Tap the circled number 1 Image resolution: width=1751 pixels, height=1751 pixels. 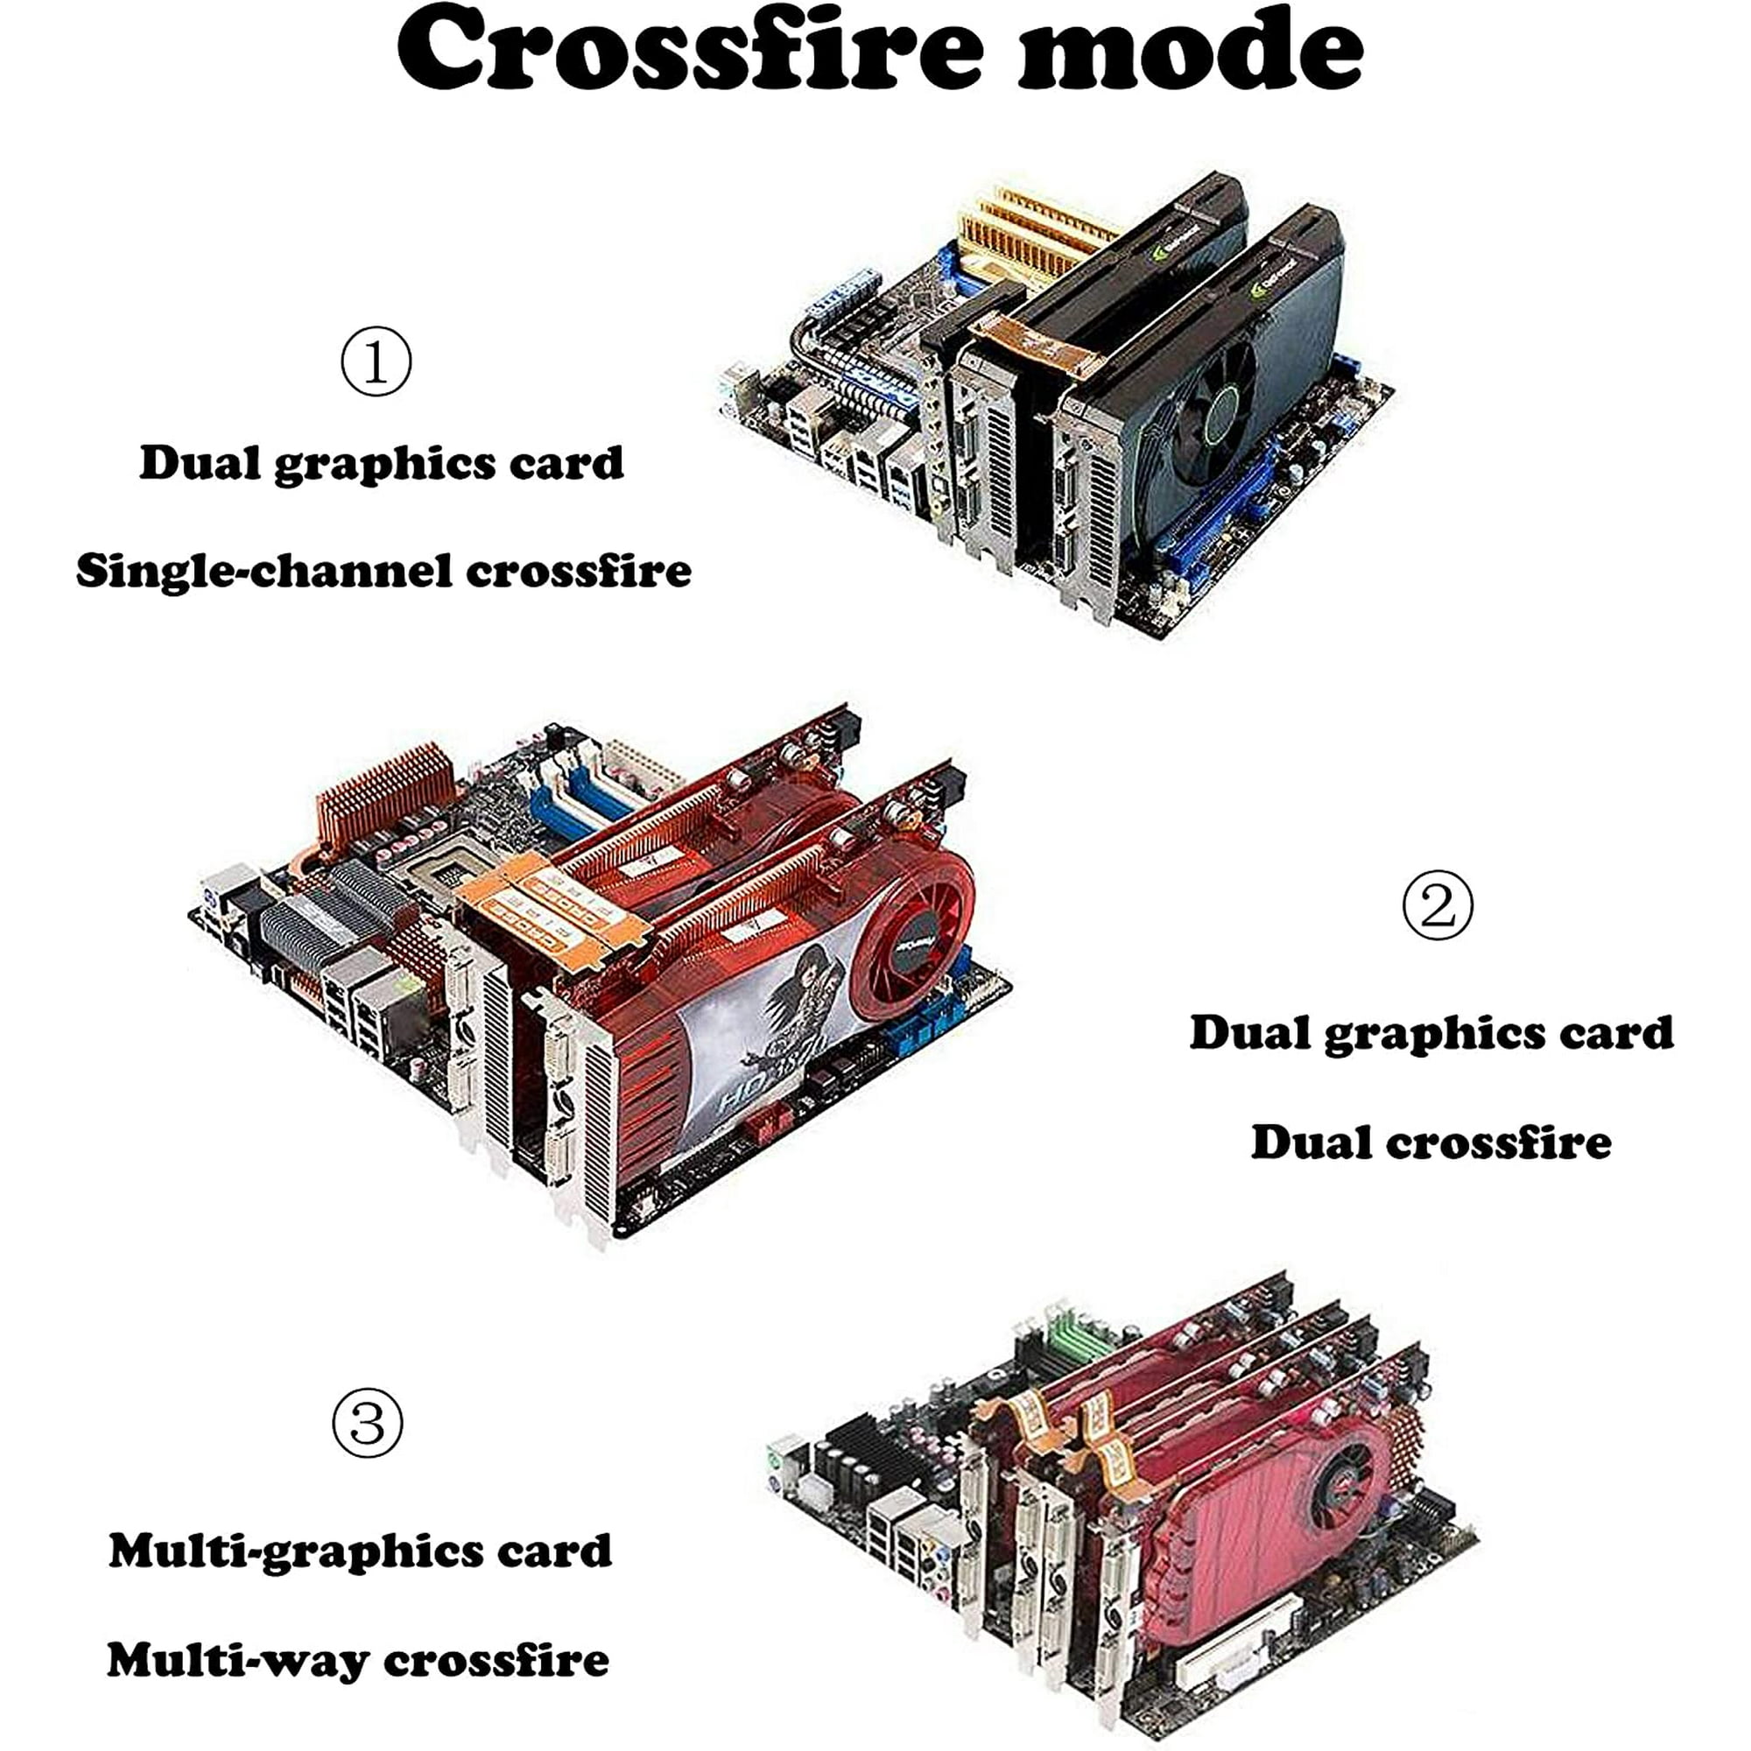click(376, 362)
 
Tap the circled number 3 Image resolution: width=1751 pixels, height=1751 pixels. click(367, 1422)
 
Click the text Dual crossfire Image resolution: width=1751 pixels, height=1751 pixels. click(1431, 1142)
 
